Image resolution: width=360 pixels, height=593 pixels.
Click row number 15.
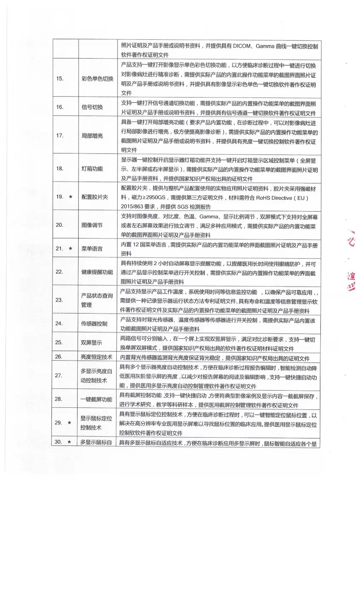[x=60, y=79]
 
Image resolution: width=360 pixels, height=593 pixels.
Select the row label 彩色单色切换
[x=98, y=79]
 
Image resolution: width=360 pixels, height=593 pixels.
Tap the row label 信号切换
[x=92, y=107]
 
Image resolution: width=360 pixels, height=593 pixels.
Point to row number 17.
[x=60, y=136]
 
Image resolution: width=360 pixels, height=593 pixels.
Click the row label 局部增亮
[x=92, y=136]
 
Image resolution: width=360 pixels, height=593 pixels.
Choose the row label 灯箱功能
[x=92, y=169]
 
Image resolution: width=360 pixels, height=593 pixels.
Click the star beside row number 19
[x=70, y=197]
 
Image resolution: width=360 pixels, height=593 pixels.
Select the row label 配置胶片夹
[x=95, y=197]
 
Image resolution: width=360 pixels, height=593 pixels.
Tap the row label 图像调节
[x=92, y=225]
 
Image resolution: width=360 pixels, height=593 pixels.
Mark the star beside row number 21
[x=70, y=248]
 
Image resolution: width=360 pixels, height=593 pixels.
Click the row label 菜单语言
[x=92, y=249]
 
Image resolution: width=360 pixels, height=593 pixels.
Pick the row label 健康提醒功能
[x=97, y=272]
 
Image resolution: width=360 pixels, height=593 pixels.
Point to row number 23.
[x=59, y=300]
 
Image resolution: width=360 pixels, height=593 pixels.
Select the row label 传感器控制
[x=94, y=324]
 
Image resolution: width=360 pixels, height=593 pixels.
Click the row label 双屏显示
[x=92, y=342]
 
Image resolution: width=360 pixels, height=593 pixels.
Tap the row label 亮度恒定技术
[x=96, y=357]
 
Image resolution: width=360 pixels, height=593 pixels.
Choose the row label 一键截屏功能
[x=96, y=399]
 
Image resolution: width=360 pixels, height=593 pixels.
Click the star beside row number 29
[x=69, y=423]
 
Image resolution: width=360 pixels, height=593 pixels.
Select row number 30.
[x=58, y=442]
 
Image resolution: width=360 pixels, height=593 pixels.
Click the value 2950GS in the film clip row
[x=156, y=198]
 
